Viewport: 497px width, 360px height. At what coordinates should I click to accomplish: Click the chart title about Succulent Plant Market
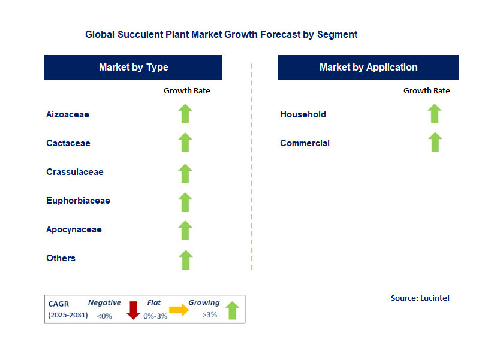[221, 34]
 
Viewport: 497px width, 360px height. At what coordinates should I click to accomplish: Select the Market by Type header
[133, 67]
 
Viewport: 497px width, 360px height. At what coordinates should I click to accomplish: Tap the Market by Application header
[368, 67]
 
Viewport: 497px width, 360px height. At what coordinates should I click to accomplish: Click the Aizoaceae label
[68, 114]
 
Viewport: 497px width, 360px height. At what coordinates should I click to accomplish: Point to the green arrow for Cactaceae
[185, 143]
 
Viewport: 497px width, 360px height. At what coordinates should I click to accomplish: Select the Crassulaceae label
[75, 172]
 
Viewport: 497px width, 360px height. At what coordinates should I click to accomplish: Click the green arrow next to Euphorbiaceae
[185, 201]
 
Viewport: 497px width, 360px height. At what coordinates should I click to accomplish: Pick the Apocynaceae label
[74, 229]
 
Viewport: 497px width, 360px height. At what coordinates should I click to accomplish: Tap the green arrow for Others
[185, 259]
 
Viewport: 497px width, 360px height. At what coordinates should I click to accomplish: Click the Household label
[303, 114]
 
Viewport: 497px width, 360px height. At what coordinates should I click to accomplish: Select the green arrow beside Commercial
[435, 142]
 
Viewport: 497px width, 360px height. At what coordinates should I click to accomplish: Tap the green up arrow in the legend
[232, 310]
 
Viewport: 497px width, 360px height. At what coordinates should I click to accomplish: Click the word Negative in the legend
[104, 303]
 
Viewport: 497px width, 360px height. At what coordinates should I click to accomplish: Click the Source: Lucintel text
[420, 298]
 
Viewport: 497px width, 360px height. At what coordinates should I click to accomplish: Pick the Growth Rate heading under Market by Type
[187, 90]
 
